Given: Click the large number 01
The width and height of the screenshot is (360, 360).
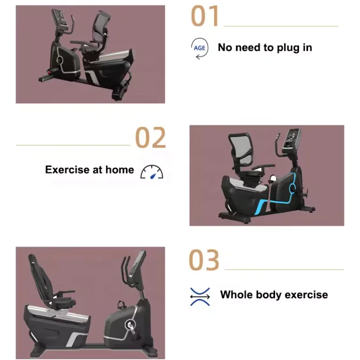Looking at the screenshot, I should (205, 16).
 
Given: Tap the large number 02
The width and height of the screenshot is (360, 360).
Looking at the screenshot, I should (151, 138).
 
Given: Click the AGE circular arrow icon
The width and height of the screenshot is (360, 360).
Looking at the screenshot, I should (199, 49).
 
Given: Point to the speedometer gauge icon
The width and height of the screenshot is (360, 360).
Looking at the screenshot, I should (151, 172).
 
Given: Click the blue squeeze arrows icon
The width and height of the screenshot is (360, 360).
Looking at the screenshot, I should (200, 296).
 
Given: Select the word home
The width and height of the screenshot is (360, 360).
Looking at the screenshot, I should (119, 170).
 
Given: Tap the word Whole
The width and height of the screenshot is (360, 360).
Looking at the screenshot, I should (236, 295).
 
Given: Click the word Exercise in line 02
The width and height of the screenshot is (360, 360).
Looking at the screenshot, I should (66, 170).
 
